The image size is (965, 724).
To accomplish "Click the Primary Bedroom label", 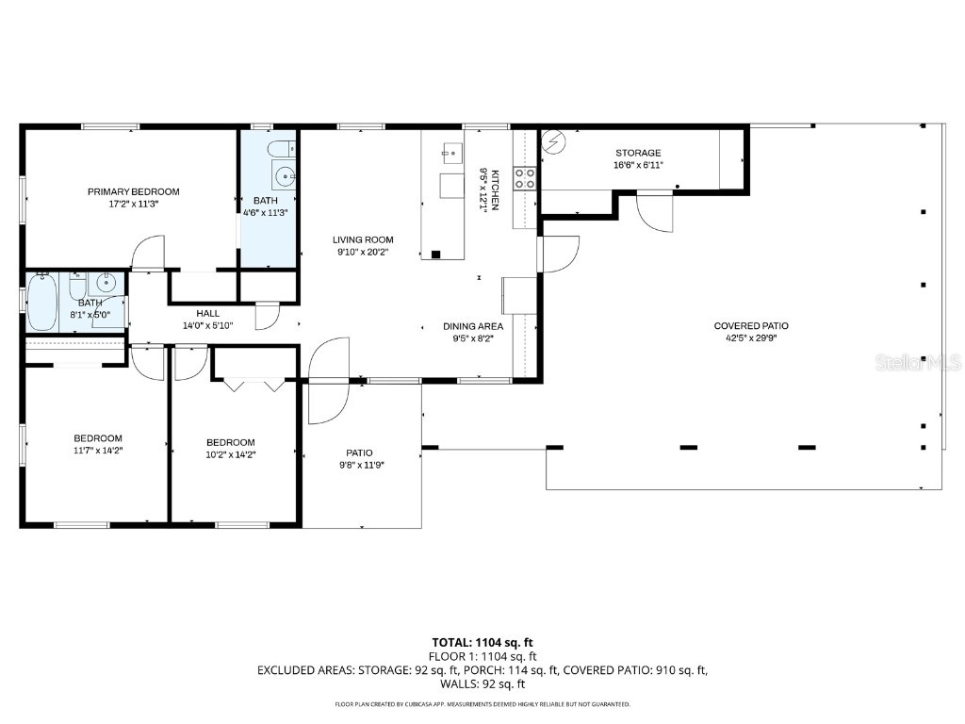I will (133, 191).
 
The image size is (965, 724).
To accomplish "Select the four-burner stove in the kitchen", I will (525, 178).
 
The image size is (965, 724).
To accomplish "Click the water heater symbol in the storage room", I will (554, 142).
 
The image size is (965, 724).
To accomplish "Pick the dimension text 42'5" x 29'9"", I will (751, 337).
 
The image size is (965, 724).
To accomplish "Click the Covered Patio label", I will (751, 326).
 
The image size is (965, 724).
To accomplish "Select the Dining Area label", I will (473, 326).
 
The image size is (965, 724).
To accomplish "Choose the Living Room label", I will (363, 239).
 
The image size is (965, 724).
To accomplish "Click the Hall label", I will (207, 313).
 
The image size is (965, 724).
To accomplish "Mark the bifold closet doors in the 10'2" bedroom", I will (254, 385).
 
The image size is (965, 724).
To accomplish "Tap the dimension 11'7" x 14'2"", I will (98, 450).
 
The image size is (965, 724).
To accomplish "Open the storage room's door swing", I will (654, 212).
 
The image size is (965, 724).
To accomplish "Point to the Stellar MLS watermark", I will (918, 362).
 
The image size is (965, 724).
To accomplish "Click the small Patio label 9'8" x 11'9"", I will (359, 452).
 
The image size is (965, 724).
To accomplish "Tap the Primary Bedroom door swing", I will (148, 253).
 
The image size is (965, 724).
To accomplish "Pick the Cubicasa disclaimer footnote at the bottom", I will (482, 704).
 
